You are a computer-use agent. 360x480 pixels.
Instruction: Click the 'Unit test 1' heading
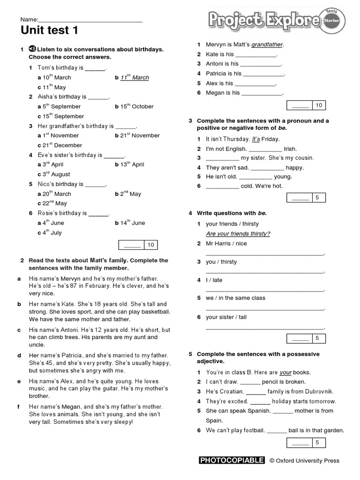(49, 31)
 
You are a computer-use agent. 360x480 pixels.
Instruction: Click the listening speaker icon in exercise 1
(32, 49)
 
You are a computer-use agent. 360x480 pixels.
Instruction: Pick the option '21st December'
(62, 145)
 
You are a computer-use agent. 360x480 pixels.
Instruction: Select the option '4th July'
(52, 232)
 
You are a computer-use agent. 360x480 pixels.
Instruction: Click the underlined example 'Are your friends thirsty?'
(238, 234)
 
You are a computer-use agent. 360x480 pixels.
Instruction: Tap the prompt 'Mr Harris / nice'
(226, 243)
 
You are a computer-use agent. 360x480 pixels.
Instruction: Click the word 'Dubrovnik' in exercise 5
(330, 391)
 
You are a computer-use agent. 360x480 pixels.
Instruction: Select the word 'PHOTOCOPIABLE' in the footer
(232, 460)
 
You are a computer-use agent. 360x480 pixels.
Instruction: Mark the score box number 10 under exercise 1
(150, 245)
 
